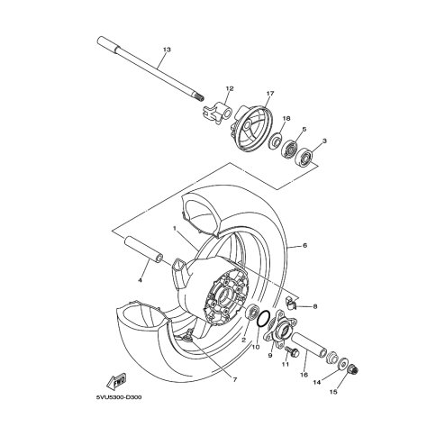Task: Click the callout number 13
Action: point(167,50)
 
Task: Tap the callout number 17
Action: point(270,94)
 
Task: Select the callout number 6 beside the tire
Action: point(304,246)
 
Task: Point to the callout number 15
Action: point(333,392)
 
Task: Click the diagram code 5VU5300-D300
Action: point(119,397)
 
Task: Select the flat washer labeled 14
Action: point(341,364)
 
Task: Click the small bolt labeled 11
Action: point(292,351)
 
